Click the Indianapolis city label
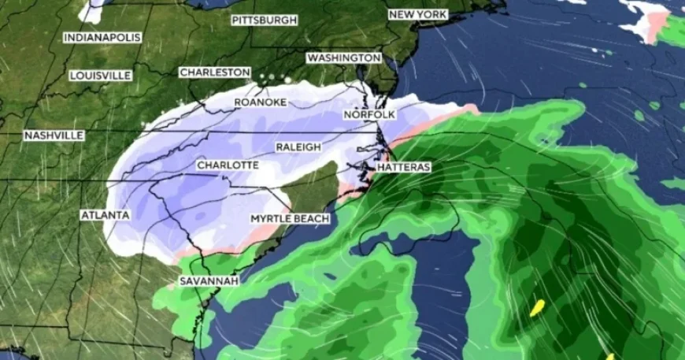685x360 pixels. (x=102, y=37)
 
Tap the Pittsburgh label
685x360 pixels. (x=265, y=20)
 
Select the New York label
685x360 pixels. (x=417, y=15)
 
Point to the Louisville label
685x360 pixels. (x=100, y=75)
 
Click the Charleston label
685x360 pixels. (x=215, y=72)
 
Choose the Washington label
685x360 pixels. (x=344, y=58)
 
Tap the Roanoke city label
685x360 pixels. (x=260, y=102)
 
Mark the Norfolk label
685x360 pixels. (x=369, y=115)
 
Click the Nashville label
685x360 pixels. (x=54, y=135)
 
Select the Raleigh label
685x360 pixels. (x=298, y=147)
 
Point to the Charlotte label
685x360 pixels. (x=228, y=165)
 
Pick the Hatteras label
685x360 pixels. (x=403, y=168)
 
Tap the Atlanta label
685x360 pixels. (x=106, y=214)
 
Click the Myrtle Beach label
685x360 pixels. (x=290, y=217)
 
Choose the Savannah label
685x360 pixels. (x=209, y=280)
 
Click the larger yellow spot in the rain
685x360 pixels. (x=537, y=307)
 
